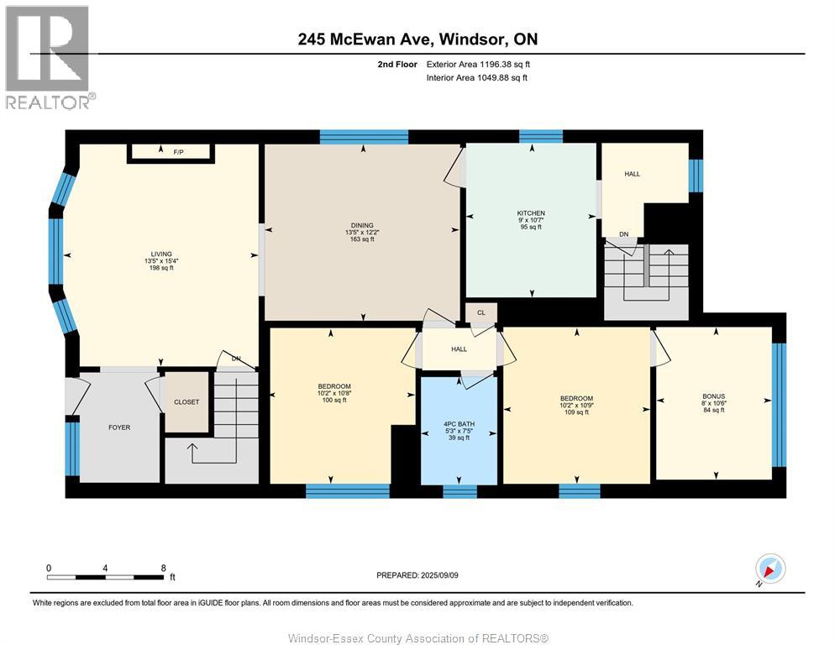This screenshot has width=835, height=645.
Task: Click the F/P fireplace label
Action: tap(178, 152)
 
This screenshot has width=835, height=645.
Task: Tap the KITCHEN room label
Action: tap(531, 213)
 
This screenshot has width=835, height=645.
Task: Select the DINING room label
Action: tap(362, 225)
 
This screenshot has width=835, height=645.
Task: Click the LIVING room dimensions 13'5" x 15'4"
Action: tap(161, 261)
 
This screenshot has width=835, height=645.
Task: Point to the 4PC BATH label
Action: tap(459, 424)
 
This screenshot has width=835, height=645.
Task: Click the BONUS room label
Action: tap(713, 396)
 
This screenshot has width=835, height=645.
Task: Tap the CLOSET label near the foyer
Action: tap(186, 402)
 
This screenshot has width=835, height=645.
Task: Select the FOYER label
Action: tap(119, 427)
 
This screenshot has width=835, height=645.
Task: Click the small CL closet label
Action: tap(481, 312)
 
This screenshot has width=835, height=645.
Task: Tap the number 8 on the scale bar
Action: tap(164, 569)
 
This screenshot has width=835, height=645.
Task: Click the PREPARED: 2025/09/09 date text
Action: tap(417, 575)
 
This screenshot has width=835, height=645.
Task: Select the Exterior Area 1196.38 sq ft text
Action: tap(478, 65)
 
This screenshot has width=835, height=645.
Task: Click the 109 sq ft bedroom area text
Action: tap(577, 412)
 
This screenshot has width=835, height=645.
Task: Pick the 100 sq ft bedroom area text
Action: tap(334, 400)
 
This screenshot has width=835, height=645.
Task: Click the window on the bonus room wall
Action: tap(779, 405)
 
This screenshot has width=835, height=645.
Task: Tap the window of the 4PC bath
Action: tap(460, 491)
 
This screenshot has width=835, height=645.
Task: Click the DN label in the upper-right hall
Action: tap(623, 234)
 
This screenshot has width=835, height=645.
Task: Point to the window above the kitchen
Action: tap(540, 136)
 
